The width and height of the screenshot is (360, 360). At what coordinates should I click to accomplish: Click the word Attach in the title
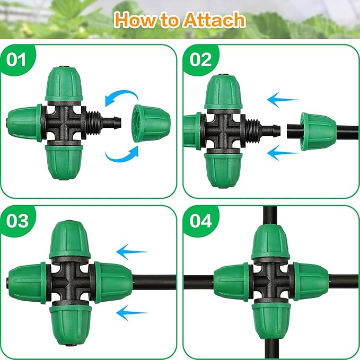click(x=214, y=21)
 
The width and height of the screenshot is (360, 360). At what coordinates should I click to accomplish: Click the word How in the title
click(x=135, y=21)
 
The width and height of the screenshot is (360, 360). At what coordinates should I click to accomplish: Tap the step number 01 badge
click(x=17, y=59)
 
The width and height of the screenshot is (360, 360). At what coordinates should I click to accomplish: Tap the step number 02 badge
click(x=200, y=59)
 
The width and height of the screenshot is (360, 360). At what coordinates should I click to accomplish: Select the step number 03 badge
click(x=17, y=221)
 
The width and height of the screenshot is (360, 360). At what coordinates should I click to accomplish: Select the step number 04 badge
click(x=200, y=221)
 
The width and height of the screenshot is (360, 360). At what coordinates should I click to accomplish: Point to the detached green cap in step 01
click(x=148, y=123)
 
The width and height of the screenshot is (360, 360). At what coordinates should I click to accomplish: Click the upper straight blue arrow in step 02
click(x=283, y=99)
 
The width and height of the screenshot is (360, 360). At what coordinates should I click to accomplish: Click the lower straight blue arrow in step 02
click(x=283, y=154)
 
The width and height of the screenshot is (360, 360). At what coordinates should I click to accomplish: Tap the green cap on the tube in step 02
click(x=318, y=131)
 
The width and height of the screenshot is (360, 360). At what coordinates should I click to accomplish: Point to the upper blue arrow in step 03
click(x=133, y=250)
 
